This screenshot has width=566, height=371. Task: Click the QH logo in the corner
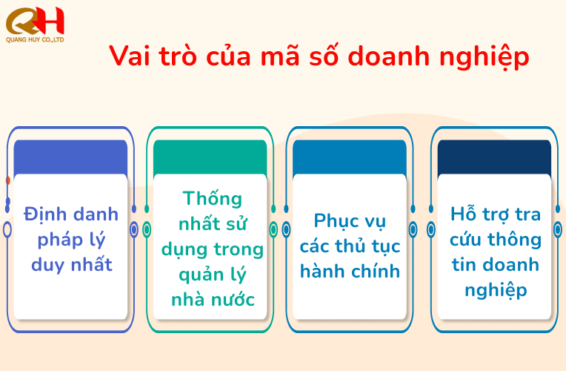tap(34, 19)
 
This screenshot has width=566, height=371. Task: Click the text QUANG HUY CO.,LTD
tap(34, 39)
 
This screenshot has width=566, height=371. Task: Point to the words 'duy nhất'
tap(71, 264)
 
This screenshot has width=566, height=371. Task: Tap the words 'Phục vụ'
tap(350, 221)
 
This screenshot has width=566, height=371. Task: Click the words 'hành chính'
tap(350, 271)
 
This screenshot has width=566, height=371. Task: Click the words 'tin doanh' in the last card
tap(496, 264)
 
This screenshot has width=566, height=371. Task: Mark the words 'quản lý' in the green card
tap(213, 275)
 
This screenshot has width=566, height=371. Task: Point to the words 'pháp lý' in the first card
tap(71, 240)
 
